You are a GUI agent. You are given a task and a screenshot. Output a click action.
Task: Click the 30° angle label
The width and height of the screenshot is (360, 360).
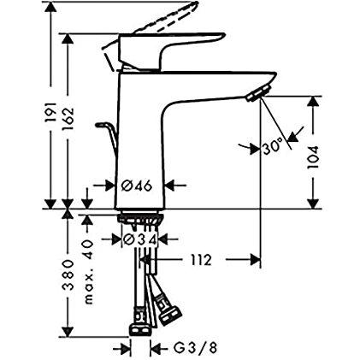click(273, 147)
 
